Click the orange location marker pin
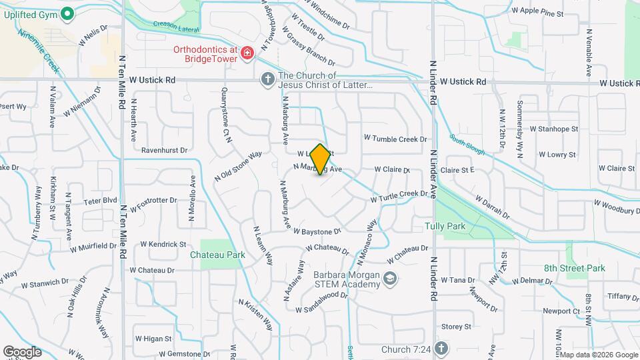click(x=320, y=159)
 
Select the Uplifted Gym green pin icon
click(x=67, y=13)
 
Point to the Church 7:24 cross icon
click(x=441, y=349)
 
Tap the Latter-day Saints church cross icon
click(x=267, y=80)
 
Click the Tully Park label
click(x=445, y=226)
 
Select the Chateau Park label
click(x=217, y=255)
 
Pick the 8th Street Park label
click(x=573, y=268)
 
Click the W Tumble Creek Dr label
click(x=395, y=139)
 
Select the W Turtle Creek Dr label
click(x=399, y=197)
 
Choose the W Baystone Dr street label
click(x=317, y=231)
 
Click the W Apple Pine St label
click(x=537, y=11)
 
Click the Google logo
click(x=21, y=351)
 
